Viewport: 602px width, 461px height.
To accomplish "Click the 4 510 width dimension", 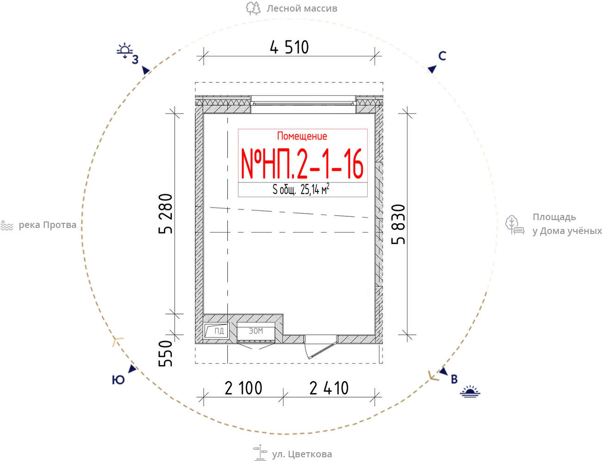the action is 289,47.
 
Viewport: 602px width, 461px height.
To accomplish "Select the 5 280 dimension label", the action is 166,214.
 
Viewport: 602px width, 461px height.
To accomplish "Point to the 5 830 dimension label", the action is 398,224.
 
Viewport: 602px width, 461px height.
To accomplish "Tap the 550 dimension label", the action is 165,354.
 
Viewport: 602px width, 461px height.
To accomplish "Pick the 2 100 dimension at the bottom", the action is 243,388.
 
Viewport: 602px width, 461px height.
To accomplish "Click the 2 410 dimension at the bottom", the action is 329,388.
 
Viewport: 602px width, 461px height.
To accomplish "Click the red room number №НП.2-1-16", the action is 302,164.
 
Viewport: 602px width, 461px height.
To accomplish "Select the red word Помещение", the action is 302,136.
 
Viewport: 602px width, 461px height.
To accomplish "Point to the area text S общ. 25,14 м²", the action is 301,189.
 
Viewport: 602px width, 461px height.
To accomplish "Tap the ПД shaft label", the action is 219,331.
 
